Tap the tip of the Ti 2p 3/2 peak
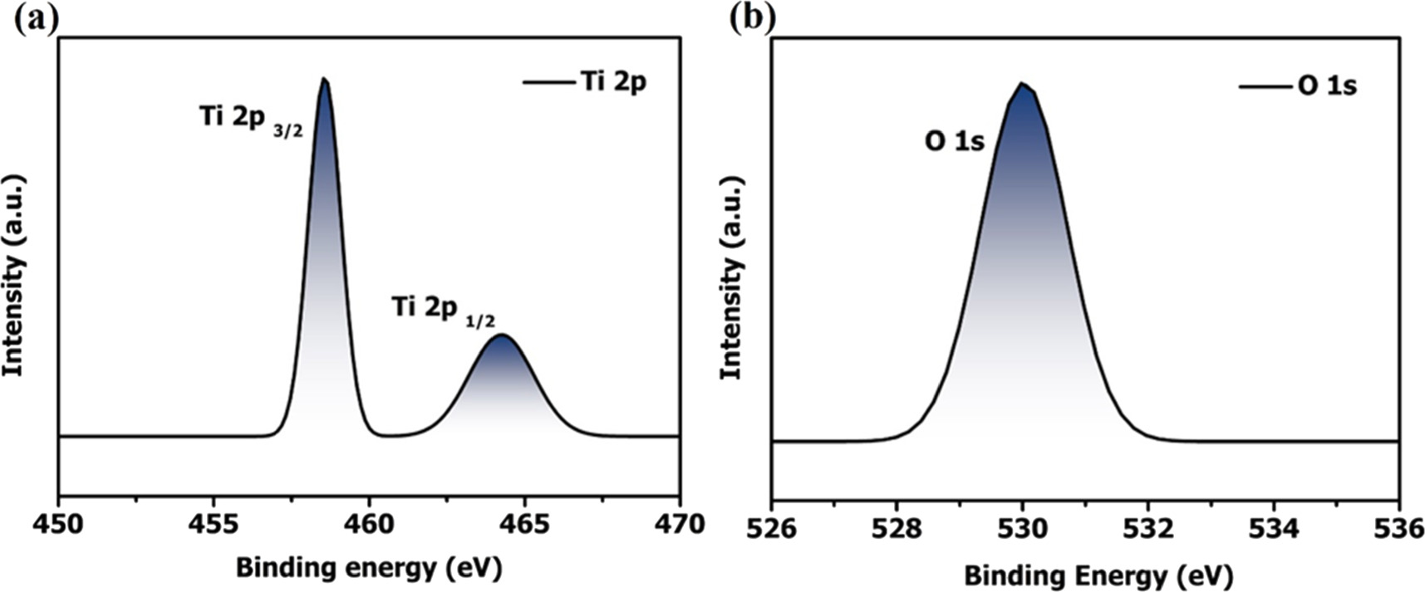[x=324, y=80]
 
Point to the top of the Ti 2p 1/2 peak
[x=502, y=335]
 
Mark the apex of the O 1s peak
[x=1023, y=84]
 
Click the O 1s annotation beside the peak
[x=955, y=142]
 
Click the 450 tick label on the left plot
[x=58, y=525]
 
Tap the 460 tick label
[x=369, y=525]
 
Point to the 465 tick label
[x=524, y=525]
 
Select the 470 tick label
[x=680, y=525]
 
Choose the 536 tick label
[x=1399, y=530]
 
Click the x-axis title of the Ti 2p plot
[x=369, y=569]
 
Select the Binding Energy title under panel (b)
[x=1098, y=575]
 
